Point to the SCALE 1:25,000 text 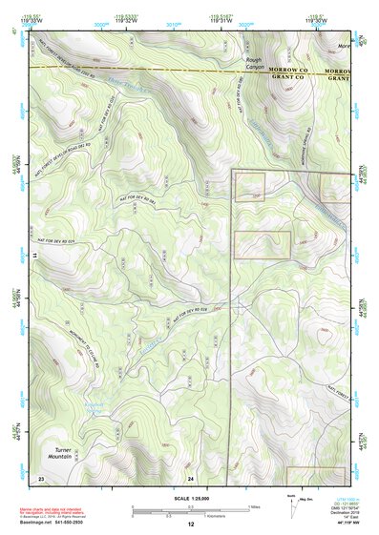(x=191, y=498)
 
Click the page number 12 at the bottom (x=191, y=525)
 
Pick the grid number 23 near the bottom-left (x=41, y=476)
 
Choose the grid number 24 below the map (x=191, y=476)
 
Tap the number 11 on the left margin (x=33, y=256)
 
